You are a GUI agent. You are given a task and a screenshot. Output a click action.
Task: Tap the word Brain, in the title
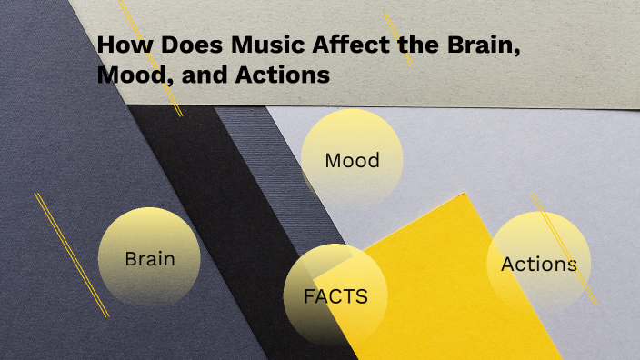click(470, 46)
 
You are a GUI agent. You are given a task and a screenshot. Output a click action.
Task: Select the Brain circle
click(149, 258)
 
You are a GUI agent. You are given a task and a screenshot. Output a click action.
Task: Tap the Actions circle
click(538, 264)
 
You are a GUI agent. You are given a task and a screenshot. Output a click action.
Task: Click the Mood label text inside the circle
click(352, 161)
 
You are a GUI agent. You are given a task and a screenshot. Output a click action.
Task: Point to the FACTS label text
click(335, 296)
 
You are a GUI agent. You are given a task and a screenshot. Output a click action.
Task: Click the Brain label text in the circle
click(149, 259)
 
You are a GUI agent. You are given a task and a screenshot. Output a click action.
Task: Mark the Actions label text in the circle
click(538, 265)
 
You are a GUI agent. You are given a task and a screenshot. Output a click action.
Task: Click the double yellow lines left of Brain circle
click(72, 255)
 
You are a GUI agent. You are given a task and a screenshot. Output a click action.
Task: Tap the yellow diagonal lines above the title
click(397, 37)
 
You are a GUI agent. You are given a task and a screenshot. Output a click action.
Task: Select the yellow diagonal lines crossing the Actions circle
click(564, 245)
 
